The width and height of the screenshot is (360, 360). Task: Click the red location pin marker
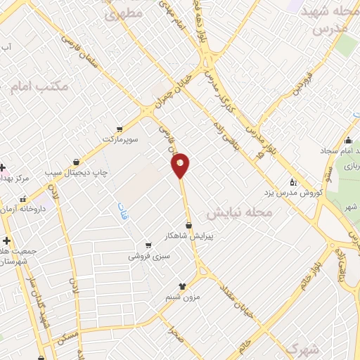[181, 165]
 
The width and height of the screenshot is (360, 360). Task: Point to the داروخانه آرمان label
[42, 209]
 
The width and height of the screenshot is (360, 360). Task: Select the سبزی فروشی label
[145, 257]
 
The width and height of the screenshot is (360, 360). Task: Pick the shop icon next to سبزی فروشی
[148, 245]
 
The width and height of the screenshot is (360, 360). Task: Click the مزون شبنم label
[182, 297]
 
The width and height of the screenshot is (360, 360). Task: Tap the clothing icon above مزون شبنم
[182, 285]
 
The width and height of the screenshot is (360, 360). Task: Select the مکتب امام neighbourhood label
[39, 88]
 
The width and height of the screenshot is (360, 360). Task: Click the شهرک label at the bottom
[303, 349]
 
